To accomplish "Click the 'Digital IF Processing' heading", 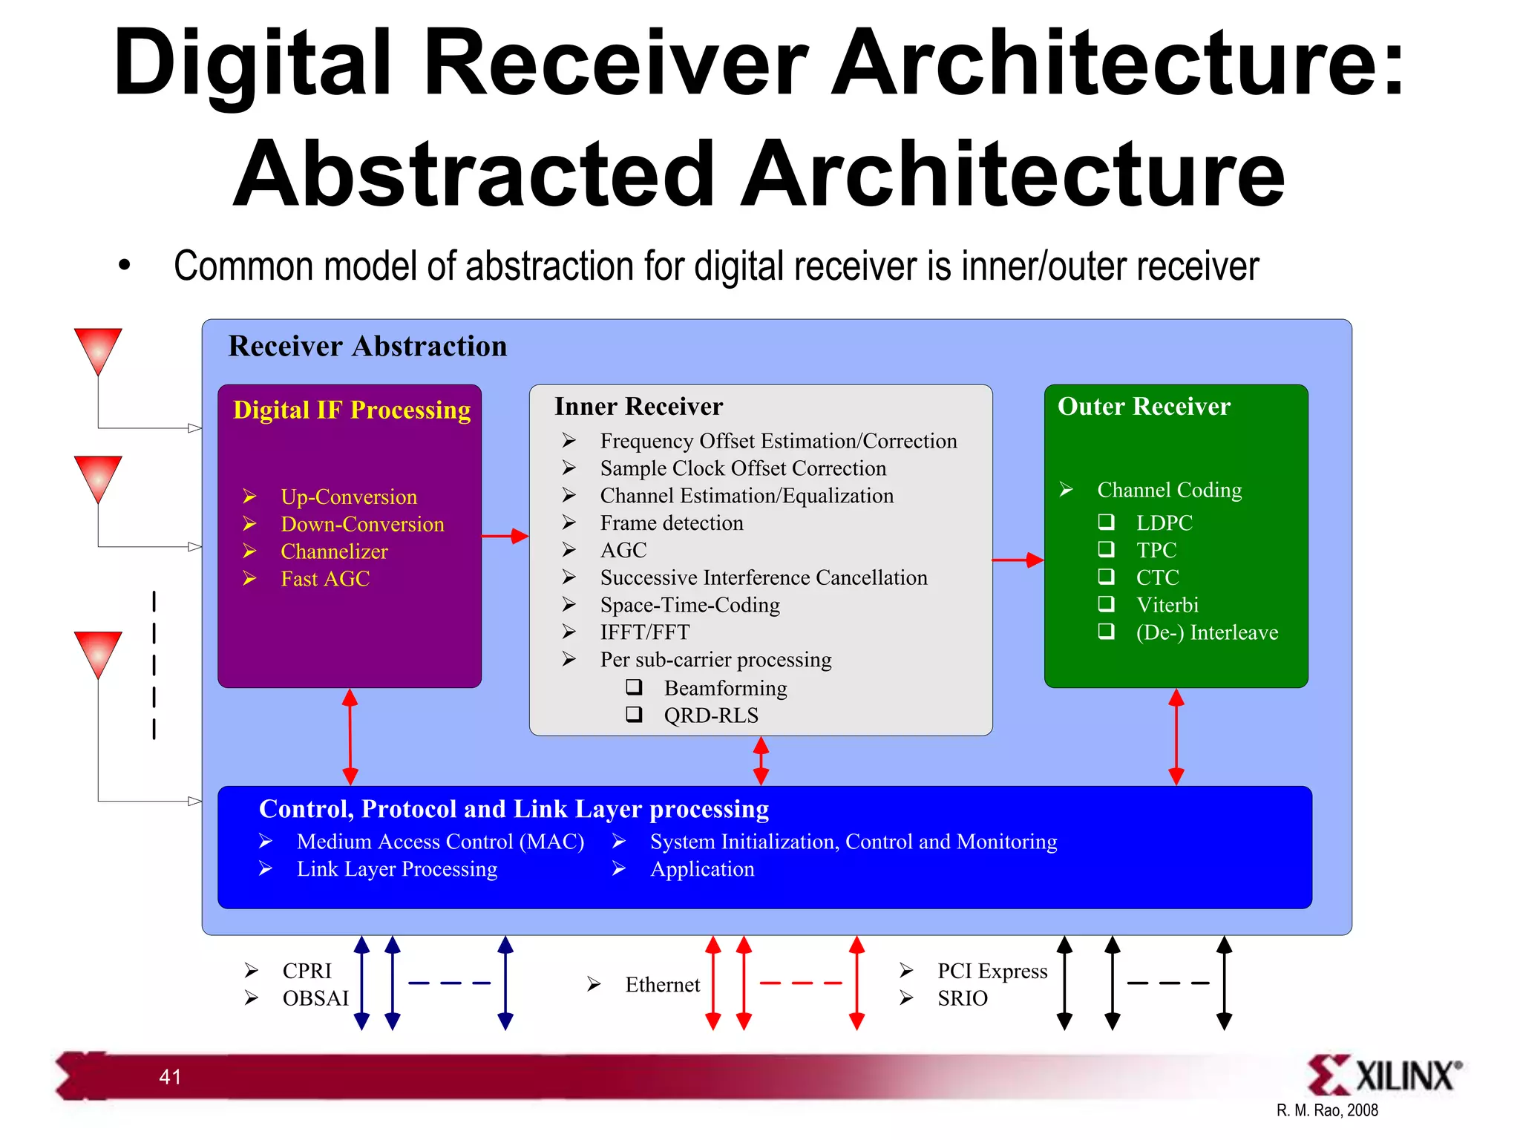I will coord(352,410).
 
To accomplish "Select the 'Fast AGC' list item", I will coord(325,579).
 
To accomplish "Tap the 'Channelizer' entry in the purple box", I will coord(334,551).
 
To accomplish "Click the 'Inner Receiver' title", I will coord(638,407).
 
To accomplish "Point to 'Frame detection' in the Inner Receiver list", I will coord(671,523).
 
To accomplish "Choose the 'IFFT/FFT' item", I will coord(644,632).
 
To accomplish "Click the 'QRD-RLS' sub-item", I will coord(710,715).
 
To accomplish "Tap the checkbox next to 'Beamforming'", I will coord(634,687).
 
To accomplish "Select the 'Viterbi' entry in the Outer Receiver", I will coord(1167,605).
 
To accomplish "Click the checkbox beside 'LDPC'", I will coord(1106,522).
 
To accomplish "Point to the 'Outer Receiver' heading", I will coord(1144,407).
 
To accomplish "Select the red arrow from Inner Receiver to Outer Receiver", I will coord(1018,560).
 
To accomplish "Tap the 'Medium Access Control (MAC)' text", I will coord(440,842).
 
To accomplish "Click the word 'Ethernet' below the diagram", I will coord(662,985).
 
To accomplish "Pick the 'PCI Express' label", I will coord(992,971).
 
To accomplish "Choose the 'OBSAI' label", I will coord(315,998).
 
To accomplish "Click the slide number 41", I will coord(170,1077).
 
